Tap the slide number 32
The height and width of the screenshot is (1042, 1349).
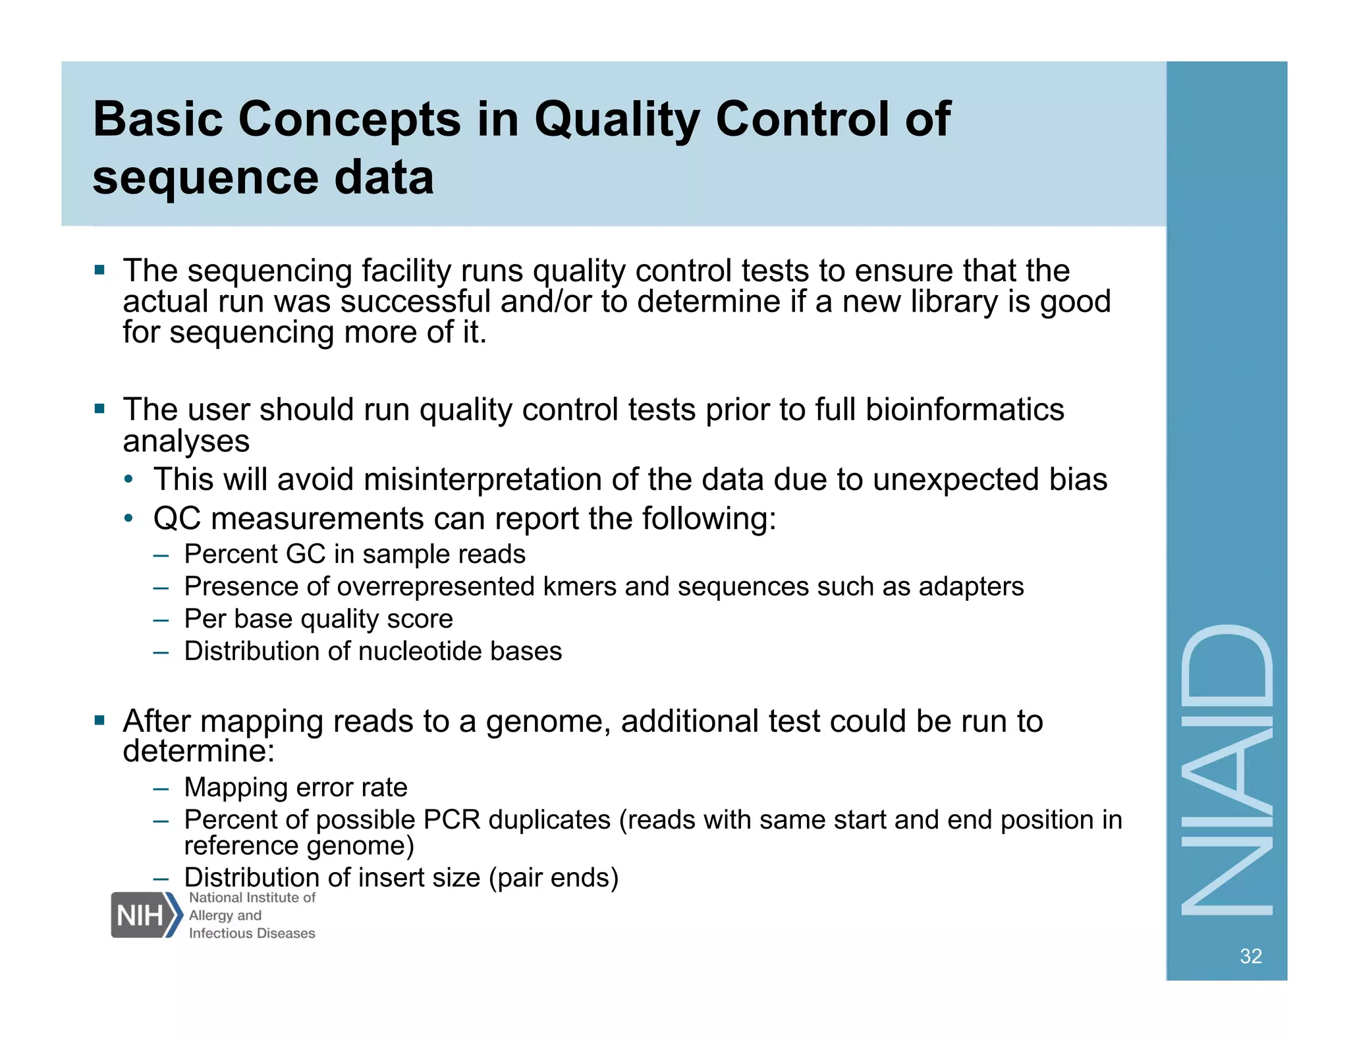tap(1250, 956)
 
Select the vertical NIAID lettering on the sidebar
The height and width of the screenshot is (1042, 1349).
tap(1226, 769)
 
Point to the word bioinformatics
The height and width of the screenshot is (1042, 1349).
tap(964, 410)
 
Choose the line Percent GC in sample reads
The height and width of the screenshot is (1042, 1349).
tap(354, 554)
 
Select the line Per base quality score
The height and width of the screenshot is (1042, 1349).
tap(318, 618)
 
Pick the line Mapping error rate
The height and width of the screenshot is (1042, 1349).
tap(295, 787)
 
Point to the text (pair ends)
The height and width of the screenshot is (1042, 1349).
tap(553, 878)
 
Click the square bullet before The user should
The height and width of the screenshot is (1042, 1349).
tap(99, 409)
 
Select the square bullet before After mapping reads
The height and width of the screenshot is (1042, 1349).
tap(99, 720)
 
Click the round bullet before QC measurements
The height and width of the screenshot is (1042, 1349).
tap(130, 518)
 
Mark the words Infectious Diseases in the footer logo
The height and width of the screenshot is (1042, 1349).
tap(252, 933)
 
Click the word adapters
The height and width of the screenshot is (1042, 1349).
tap(971, 586)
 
